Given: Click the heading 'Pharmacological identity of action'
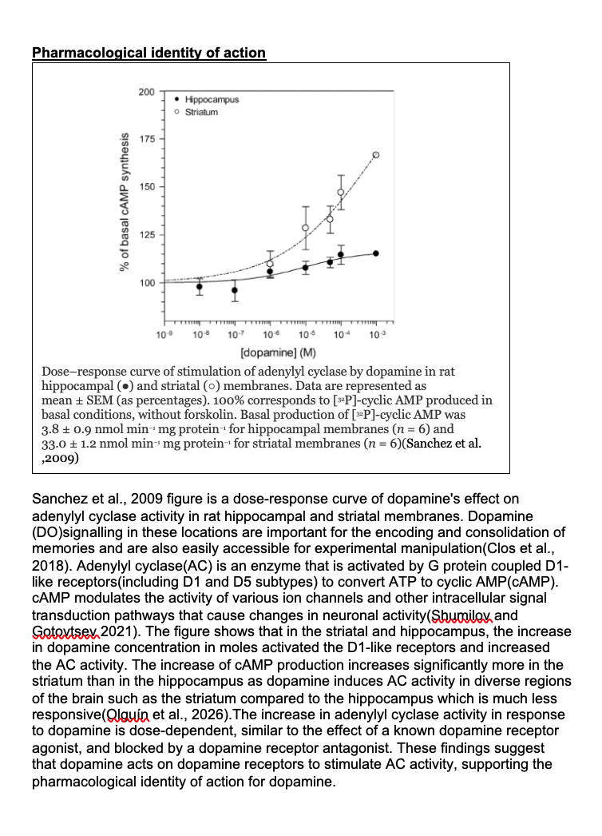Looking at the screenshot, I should pos(149,53).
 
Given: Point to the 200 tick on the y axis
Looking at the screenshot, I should pos(146,92).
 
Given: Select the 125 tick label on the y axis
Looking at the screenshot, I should pos(146,235).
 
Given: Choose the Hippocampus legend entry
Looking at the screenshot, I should pos(212,100).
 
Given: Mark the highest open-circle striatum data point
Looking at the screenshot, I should pos(377,154).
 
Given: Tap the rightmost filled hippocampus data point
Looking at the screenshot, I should pos(376,253).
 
